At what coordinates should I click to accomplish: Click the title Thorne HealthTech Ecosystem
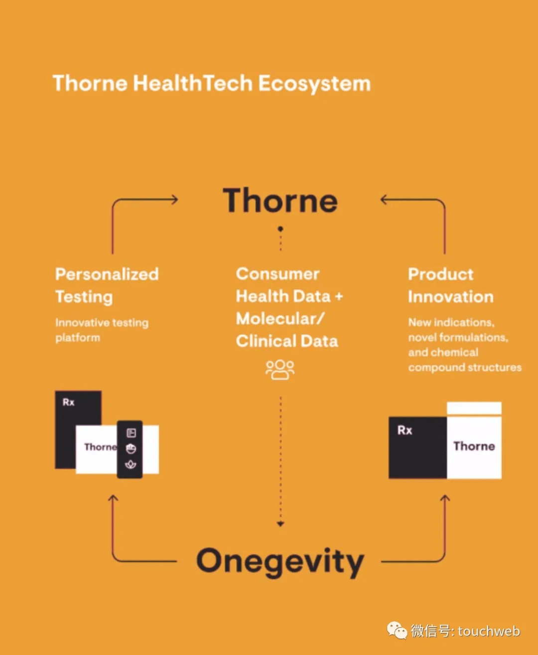pos(212,83)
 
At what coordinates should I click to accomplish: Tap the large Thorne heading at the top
pos(280,201)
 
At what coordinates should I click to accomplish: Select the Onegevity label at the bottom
pos(280,562)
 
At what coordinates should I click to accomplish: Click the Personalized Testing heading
pos(107,285)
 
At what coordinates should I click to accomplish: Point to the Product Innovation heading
pos(450,285)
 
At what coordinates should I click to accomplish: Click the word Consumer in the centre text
pos(277,274)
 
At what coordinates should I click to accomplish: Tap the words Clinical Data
pos(287,341)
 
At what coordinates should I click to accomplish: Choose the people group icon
pos(280,370)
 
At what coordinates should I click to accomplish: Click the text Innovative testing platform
pos(102,330)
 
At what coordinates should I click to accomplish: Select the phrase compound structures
pos(465,368)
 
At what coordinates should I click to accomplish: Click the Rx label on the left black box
pos(69,402)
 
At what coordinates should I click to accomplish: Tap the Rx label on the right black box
pos(404,430)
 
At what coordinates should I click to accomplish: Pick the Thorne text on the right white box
pos(474,446)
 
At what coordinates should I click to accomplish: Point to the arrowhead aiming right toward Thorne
pos(174,200)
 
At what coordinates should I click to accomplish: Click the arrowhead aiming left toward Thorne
pos(384,200)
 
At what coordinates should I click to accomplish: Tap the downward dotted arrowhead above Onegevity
pos(280,524)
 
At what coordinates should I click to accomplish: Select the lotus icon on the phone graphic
pos(131,465)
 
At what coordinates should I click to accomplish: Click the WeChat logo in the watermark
pos(397,631)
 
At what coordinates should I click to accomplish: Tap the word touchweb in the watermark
pos(489,631)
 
